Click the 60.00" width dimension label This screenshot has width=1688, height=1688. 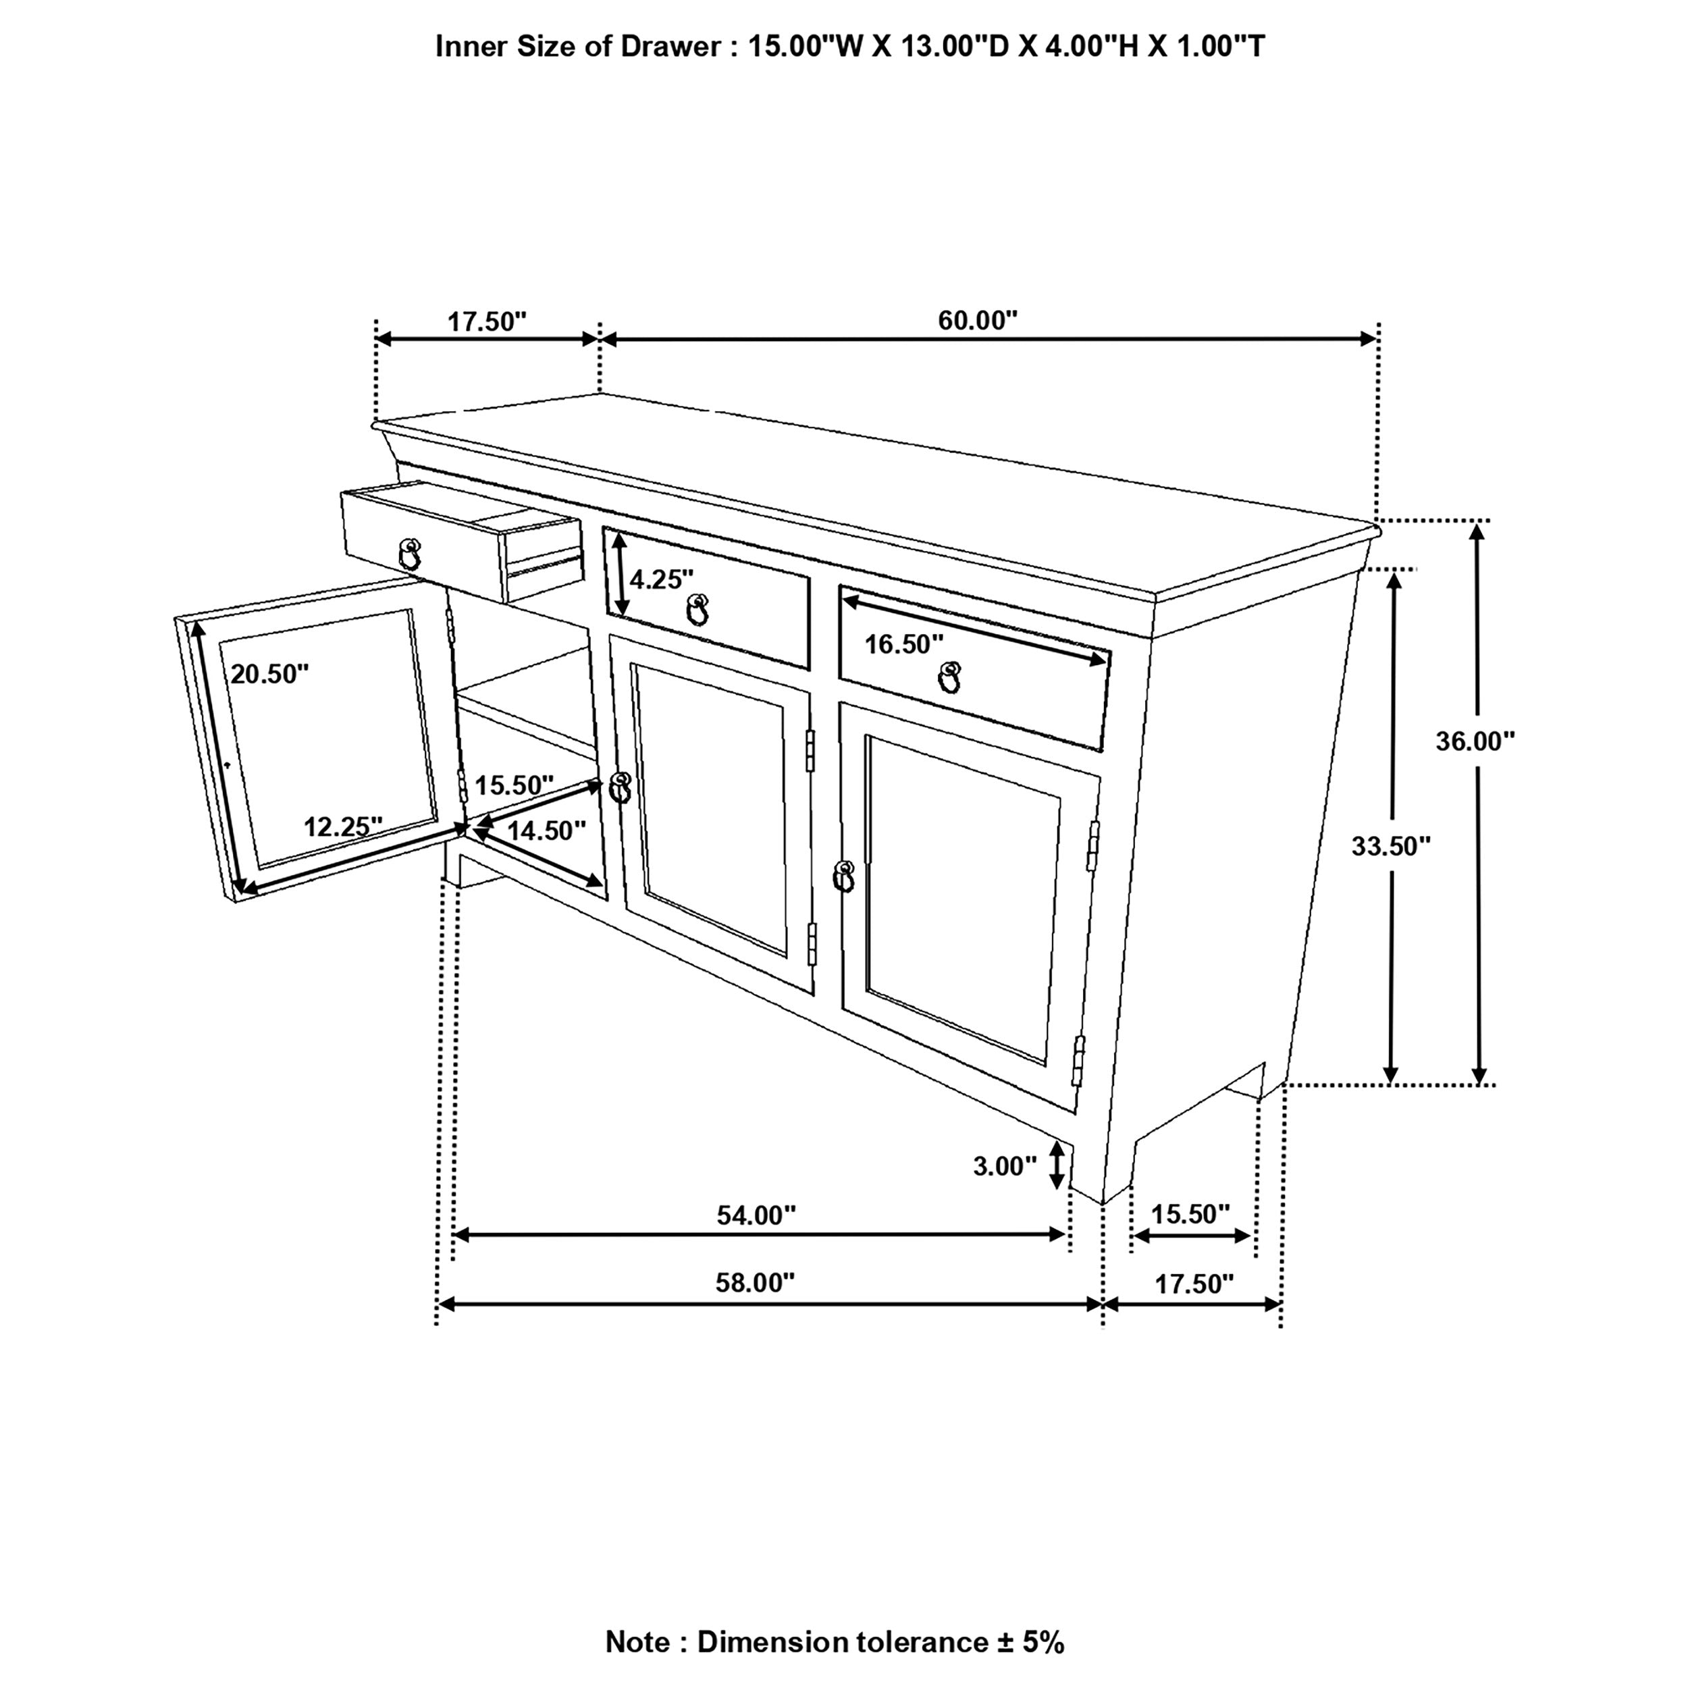coord(977,321)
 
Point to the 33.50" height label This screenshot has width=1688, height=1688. coord(1390,846)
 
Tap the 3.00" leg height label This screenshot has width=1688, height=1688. coord(1004,1165)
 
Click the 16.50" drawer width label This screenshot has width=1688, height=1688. coord(903,644)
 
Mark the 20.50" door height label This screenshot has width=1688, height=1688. coord(269,674)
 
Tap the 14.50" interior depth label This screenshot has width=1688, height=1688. coord(546,830)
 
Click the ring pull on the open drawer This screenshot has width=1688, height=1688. coord(409,554)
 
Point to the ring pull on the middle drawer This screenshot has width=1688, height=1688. coord(697,610)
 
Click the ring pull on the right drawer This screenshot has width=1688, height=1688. coord(949,677)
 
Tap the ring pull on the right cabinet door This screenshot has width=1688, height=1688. coord(843,877)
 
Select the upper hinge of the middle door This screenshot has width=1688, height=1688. coord(810,751)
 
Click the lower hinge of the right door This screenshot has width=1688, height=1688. coord(1078,1061)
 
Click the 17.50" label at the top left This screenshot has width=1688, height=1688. coord(487,321)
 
